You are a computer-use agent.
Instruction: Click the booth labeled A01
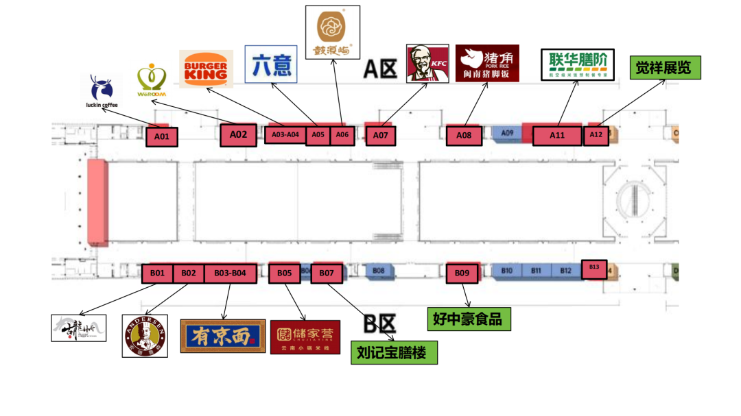161,136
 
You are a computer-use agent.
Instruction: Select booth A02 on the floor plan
238,135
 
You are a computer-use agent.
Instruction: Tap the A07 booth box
381,136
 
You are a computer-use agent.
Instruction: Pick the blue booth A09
508,133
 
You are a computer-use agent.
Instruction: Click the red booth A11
557,135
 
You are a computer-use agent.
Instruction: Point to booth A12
596,135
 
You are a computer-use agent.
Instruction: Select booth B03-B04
230,273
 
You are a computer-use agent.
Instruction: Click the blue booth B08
379,271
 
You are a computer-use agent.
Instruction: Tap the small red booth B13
594,268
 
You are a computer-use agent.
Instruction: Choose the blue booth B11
536,271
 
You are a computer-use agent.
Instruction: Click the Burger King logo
206,69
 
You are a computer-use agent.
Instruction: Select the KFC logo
427,63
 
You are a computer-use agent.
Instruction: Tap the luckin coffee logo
103,92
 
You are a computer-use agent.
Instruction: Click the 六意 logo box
271,64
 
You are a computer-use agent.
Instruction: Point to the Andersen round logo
145,336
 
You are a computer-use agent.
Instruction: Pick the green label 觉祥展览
665,68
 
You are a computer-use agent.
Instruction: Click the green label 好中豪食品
469,319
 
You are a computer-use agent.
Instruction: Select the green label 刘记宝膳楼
394,352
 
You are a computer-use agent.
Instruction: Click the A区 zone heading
380,69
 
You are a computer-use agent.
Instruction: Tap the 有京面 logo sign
223,336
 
